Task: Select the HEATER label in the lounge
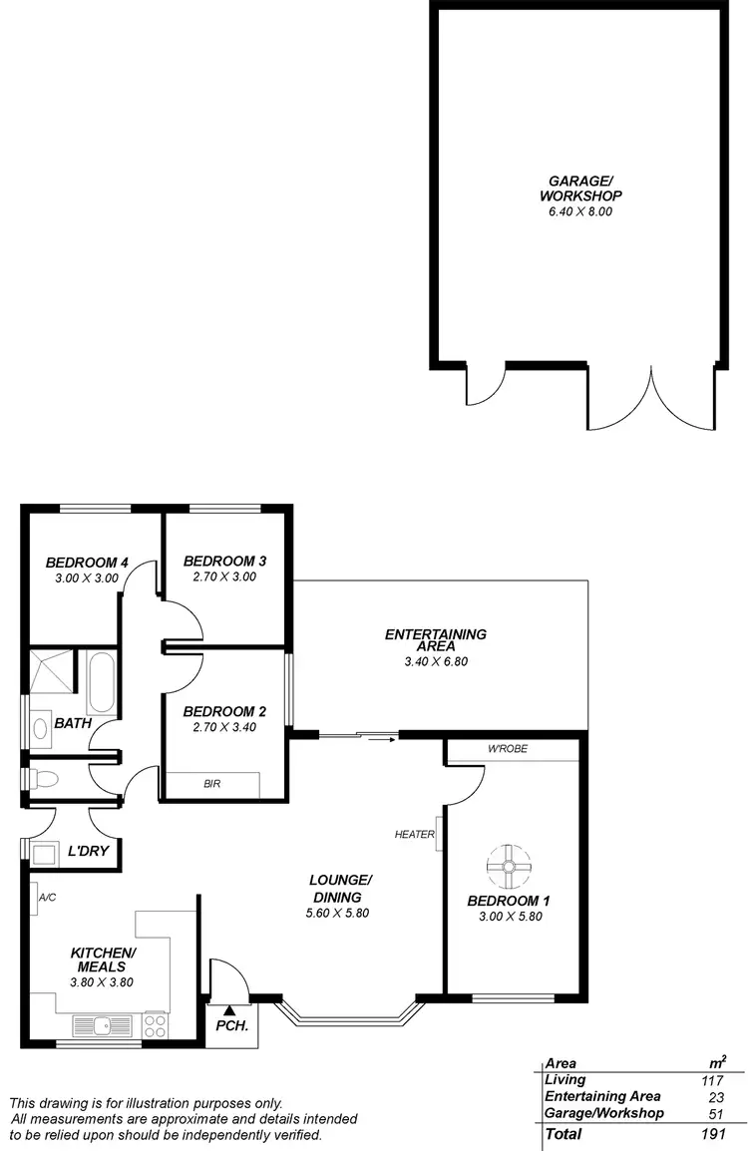[414, 834]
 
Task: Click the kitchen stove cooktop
[156, 1024]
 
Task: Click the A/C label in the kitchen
[47, 898]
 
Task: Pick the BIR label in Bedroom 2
[211, 784]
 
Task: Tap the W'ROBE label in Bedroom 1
[508, 749]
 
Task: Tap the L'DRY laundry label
[88, 853]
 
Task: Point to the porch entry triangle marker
[229, 1010]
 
